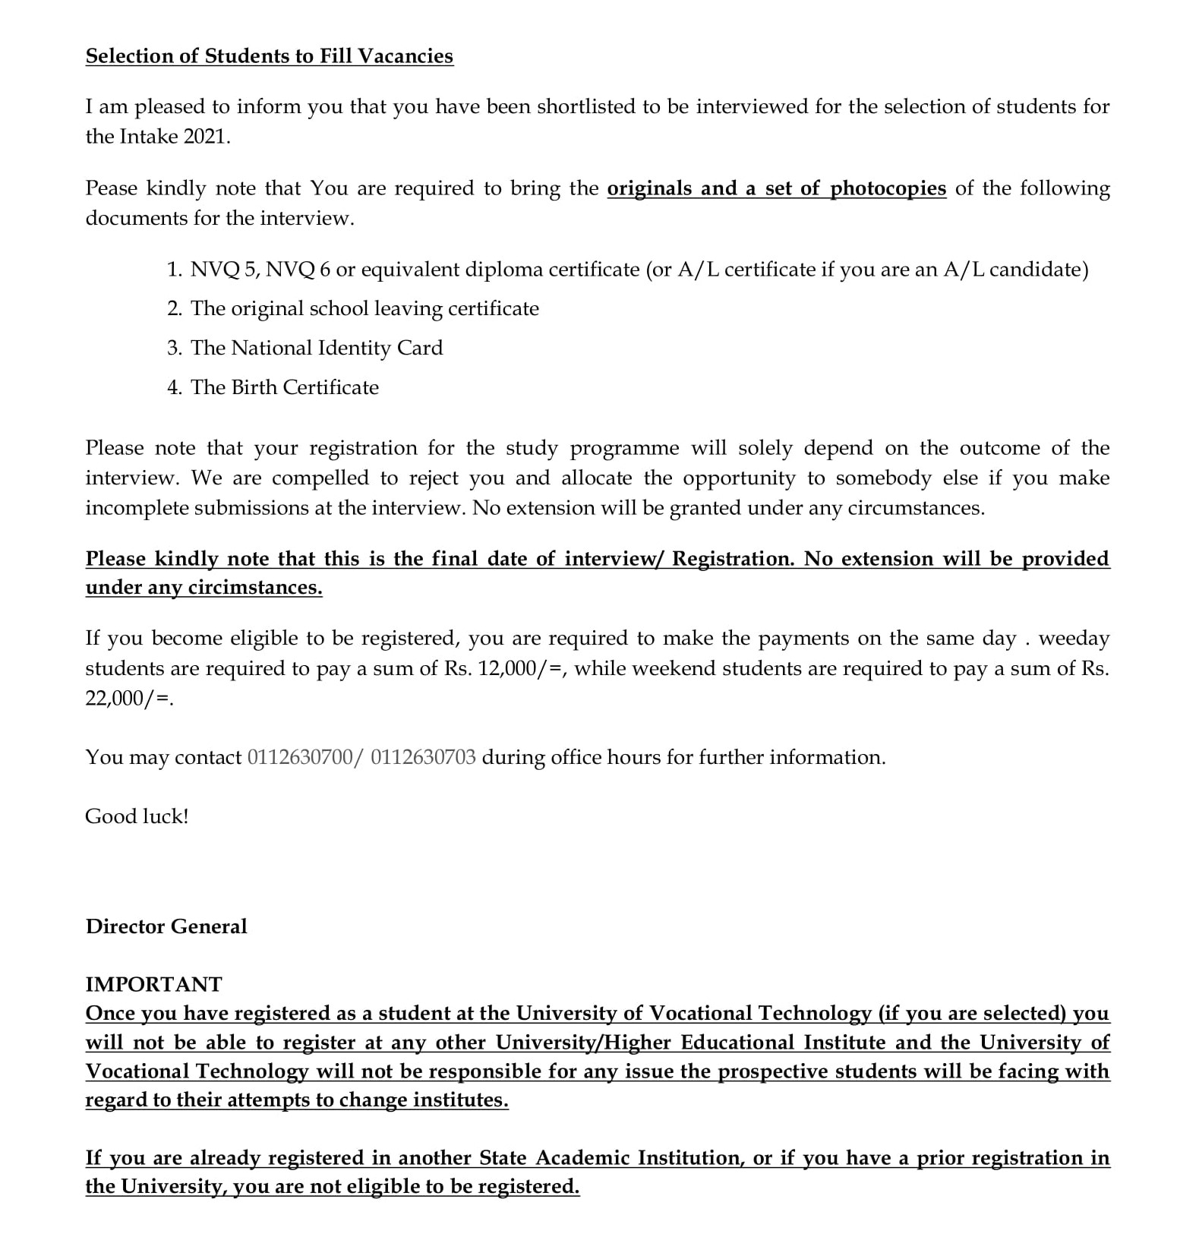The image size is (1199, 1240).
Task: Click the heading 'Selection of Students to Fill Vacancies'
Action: pos(269,56)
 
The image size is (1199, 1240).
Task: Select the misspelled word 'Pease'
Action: pos(111,188)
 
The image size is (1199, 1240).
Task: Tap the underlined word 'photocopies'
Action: pos(888,188)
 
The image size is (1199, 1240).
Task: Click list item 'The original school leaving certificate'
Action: pos(364,308)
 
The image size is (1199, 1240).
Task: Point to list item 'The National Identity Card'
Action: pos(317,348)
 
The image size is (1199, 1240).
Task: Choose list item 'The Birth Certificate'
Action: pos(285,387)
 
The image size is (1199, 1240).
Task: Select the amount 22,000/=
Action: pos(127,699)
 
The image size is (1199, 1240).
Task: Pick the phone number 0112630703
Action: pos(423,757)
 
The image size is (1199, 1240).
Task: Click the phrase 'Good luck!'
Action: pos(137,816)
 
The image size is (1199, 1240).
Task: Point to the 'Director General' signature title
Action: pos(166,926)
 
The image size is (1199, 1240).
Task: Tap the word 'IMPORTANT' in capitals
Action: pos(153,984)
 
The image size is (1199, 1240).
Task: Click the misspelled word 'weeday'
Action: pos(1074,639)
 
